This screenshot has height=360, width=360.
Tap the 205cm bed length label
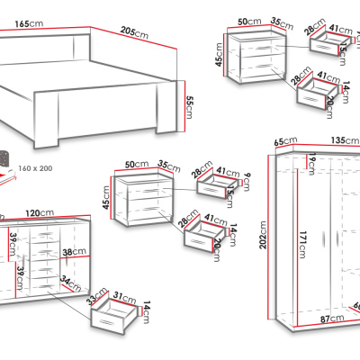tap(134, 32)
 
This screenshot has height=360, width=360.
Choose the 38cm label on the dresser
tap(67, 254)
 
